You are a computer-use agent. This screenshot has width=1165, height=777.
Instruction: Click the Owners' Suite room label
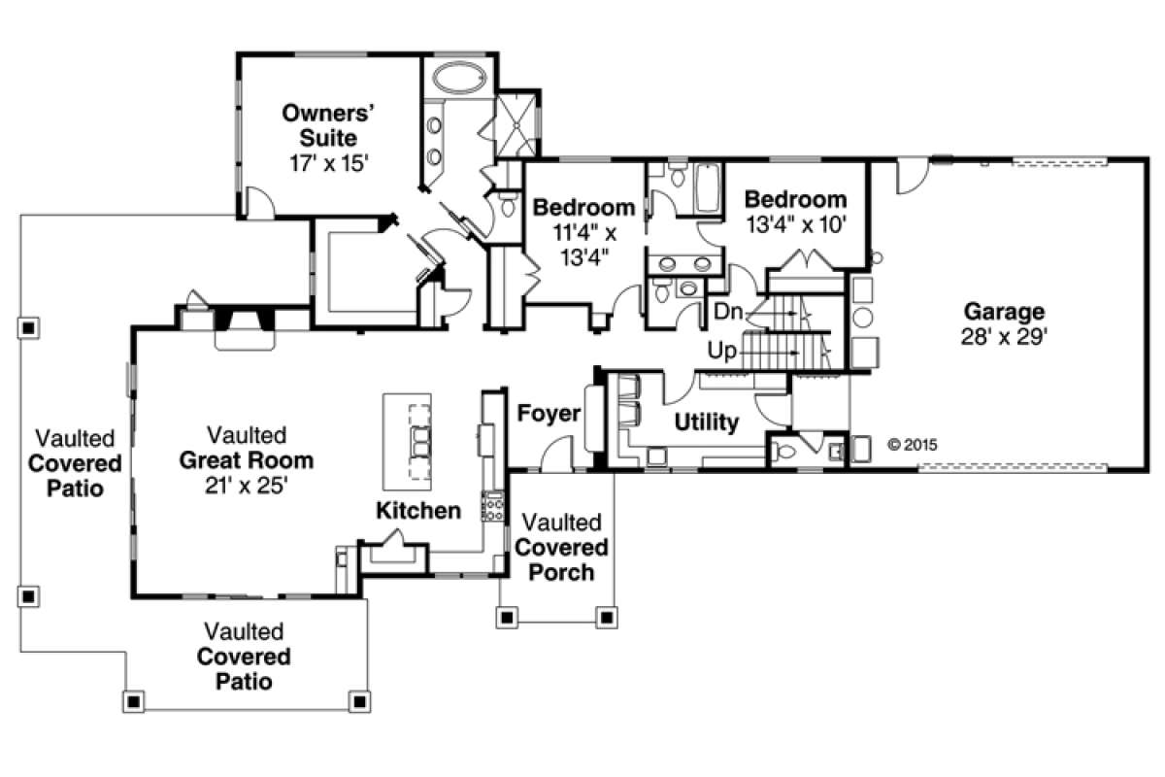tap(329, 125)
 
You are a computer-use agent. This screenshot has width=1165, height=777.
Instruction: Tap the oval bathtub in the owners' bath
tap(460, 79)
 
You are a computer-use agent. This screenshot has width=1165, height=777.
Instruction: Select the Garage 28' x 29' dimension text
tap(1004, 337)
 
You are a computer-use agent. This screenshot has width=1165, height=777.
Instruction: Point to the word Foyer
tap(549, 413)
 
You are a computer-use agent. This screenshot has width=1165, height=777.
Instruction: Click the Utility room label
tap(707, 422)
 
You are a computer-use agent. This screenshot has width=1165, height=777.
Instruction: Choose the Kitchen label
tap(418, 511)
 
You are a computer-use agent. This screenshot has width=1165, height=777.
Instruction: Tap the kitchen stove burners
tap(492, 506)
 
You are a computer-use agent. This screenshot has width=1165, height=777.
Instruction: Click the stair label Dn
tap(727, 312)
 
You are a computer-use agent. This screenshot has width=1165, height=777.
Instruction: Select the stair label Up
tap(722, 352)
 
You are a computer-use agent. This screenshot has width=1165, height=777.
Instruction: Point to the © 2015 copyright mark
tap(913, 445)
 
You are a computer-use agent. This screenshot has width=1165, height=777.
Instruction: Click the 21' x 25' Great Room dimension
tap(247, 486)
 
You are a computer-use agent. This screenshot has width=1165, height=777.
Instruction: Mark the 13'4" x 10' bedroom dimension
tap(796, 224)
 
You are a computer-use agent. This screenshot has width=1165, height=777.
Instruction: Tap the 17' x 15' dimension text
tap(329, 163)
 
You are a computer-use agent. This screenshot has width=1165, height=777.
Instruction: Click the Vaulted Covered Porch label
tap(561, 547)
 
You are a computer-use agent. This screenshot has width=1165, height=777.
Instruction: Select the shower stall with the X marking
tap(516, 125)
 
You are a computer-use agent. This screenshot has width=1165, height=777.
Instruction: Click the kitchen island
tap(407, 442)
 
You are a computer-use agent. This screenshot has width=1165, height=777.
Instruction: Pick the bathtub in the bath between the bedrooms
tap(708, 187)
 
